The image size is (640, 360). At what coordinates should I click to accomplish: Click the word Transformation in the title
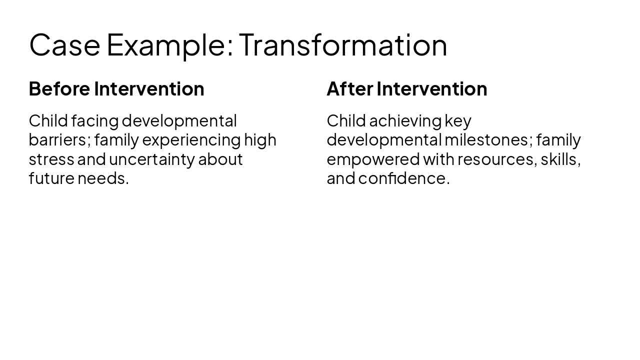[343, 45]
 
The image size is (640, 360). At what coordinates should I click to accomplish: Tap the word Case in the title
[64, 45]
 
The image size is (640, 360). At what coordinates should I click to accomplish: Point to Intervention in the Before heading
[149, 89]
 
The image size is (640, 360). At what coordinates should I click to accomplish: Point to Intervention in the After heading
[432, 89]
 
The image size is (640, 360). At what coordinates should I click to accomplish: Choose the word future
[51, 178]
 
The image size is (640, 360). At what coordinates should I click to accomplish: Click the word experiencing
[191, 140]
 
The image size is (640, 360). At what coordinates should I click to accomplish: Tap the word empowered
[373, 159]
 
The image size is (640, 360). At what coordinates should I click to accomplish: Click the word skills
[560, 159]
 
